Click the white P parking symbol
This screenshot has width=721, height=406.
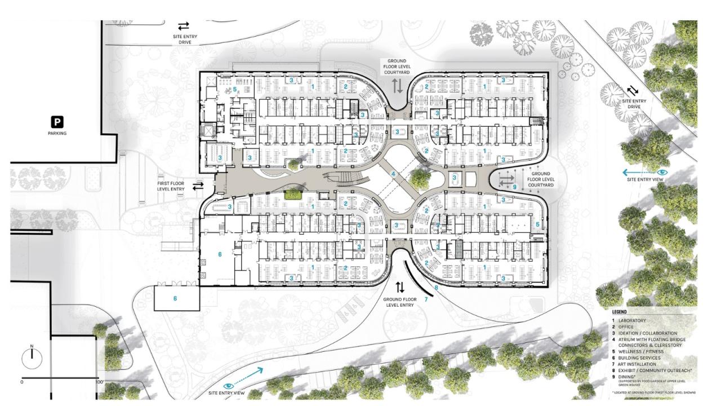point(57,121)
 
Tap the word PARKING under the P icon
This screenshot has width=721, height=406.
point(57,134)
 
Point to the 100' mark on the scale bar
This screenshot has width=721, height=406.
point(100,382)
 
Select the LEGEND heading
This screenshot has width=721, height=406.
point(620,312)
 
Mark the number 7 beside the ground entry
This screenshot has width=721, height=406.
point(426,299)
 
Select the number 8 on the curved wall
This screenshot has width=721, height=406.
point(436,288)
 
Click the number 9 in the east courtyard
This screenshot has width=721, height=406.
point(514,186)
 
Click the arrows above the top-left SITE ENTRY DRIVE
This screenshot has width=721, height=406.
point(184,26)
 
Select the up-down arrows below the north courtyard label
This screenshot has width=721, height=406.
point(397,86)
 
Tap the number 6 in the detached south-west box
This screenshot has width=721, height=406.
point(175,298)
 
